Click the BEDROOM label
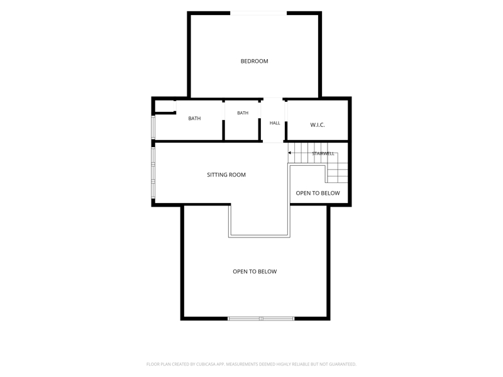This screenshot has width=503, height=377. [255, 61]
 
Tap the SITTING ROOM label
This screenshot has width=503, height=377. [226, 175]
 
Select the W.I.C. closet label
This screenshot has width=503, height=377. [318, 125]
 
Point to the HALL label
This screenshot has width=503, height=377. [275, 123]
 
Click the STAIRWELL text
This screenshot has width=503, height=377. [323, 153]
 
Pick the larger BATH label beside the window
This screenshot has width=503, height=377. [194, 118]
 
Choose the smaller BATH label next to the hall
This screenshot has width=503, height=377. [243, 113]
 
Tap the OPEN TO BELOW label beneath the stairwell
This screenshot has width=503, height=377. [318, 193]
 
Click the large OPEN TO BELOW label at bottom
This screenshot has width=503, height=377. [255, 271]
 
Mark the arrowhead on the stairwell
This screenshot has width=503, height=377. [290, 153]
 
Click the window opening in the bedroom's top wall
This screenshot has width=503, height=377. [258, 13]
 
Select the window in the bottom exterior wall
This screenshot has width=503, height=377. [261, 319]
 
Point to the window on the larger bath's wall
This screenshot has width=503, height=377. [153, 128]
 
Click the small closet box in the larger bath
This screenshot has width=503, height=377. [165, 106]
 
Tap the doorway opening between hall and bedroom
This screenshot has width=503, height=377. [273, 99]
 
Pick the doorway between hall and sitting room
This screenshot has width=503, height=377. [273, 141]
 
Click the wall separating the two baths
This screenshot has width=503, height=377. [223, 120]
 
